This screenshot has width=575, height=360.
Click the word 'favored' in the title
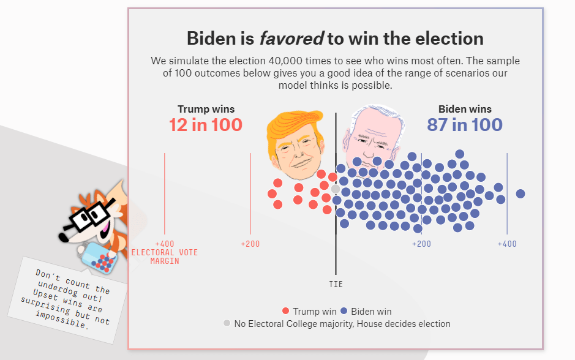tap(291, 39)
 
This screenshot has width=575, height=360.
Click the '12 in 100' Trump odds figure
tap(206, 125)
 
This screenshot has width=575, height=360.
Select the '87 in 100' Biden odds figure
tap(465, 125)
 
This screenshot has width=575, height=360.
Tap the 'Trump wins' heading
tap(206, 109)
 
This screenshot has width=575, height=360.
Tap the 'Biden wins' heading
tap(465, 109)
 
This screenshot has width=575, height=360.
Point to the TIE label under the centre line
tap(336, 284)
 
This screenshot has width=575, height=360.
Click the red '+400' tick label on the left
tap(164, 244)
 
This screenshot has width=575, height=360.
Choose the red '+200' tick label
tap(250, 244)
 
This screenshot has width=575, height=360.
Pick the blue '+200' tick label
tap(421, 244)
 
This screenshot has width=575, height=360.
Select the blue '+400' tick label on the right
tap(506, 244)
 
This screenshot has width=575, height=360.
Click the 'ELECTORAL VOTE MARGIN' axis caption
tap(164, 257)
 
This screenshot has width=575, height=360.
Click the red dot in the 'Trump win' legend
tap(286, 311)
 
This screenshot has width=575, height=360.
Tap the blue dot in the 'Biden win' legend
tap(344, 311)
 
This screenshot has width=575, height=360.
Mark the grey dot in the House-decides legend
tap(227, 323)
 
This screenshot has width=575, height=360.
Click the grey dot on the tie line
tap(336, 189)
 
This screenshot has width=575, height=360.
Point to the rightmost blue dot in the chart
tap(521, 193)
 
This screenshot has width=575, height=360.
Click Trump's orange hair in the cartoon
tap(294, 122)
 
